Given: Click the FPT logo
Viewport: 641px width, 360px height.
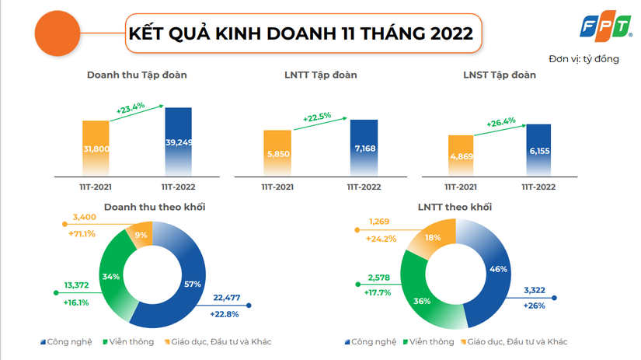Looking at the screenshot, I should (x=606, y=28).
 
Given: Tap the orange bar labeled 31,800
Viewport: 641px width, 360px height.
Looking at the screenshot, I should (x=96, y=149).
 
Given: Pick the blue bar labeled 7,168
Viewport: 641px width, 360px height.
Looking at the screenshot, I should (x=364, y=148).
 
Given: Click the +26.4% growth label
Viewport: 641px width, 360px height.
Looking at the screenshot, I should (x=501, y=122).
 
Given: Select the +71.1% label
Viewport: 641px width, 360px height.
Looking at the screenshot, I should (x=82, y=233).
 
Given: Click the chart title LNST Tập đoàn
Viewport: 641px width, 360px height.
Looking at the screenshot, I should (x=499, y=75).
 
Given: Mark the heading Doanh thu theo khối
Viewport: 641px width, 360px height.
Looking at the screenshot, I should (x=155, y=208).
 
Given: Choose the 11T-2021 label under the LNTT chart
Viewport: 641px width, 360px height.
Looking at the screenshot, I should (x=277, y=187).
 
